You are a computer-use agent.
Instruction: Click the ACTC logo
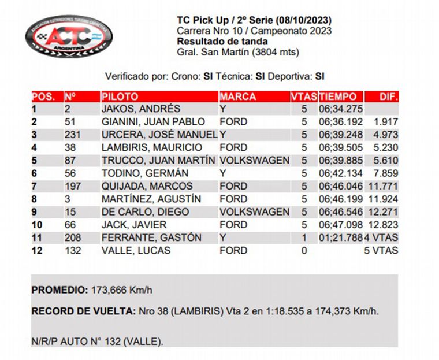click(68, 38)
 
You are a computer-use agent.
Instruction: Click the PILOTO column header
click(120, 97)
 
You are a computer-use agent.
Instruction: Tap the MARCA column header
click(237, 97)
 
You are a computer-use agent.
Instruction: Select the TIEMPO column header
click(338, 97)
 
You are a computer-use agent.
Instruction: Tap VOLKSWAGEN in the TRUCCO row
click(254, 160)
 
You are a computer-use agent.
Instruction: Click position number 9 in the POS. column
click(34, 212)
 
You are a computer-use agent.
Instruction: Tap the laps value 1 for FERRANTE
click(304, 237)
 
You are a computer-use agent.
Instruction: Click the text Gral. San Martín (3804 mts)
click(238, 51)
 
